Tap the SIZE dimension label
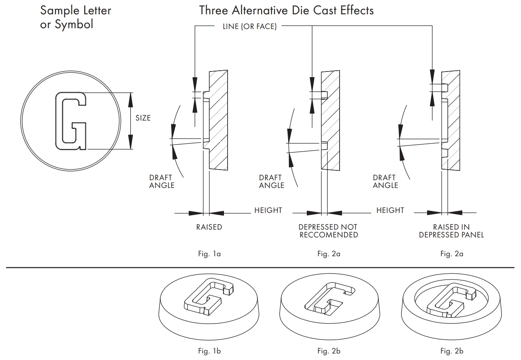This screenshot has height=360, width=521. [x=143, y=118]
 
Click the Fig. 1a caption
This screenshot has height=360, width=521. [x=209, y=254]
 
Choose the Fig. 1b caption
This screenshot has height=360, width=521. [x=209, y=351]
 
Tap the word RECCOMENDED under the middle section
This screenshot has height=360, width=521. [x=329, y=235]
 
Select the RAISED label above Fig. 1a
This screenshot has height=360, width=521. [x=209, y=227]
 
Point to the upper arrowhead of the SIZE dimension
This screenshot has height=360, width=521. [x=131, y=96]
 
